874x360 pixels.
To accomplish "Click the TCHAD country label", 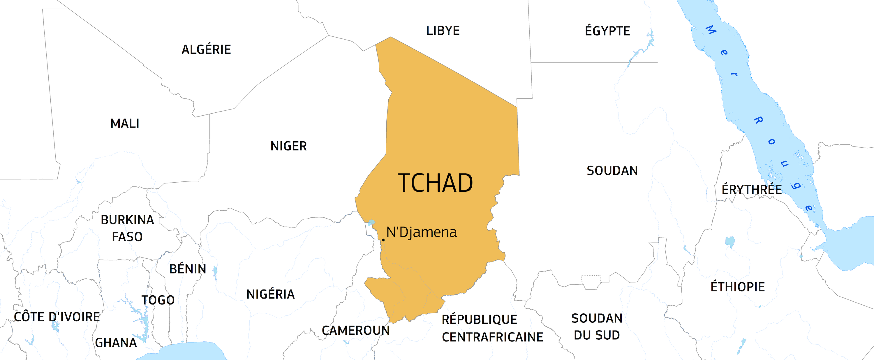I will tap(435, 183).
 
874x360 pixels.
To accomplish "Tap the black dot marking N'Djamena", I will tap(383, 240).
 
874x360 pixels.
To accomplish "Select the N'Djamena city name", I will tap(422, 232).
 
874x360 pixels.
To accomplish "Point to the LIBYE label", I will tap(443, 31).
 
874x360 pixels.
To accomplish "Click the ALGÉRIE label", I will tap(206, 50).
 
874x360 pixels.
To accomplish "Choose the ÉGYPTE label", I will tap(607, 31).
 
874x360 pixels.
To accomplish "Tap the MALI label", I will tap(125, 123).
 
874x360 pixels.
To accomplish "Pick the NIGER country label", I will tap(288, 146).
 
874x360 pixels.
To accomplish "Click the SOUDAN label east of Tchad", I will tap(612, 171).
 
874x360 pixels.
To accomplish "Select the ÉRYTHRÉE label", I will tap(752, 189).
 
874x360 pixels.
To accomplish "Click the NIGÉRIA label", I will tap(270, 294).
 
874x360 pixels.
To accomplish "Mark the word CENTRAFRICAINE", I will tap(492, 337).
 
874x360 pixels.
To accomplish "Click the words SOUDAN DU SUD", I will tap(597, 327).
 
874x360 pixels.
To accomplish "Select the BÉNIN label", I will tap(188, 269).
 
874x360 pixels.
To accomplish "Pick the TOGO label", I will tap(158, 300).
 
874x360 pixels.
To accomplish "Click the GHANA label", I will tap(116, 343).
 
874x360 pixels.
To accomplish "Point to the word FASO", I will tap(127, 237).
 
